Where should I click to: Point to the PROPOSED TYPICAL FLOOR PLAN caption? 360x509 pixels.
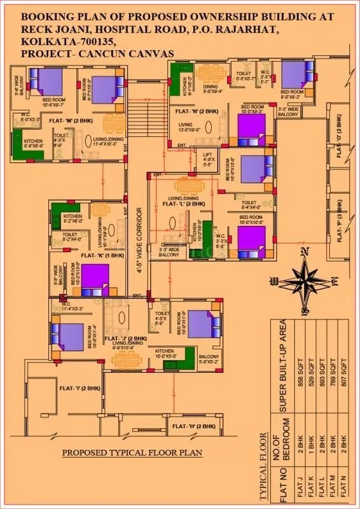coord(132,453)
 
